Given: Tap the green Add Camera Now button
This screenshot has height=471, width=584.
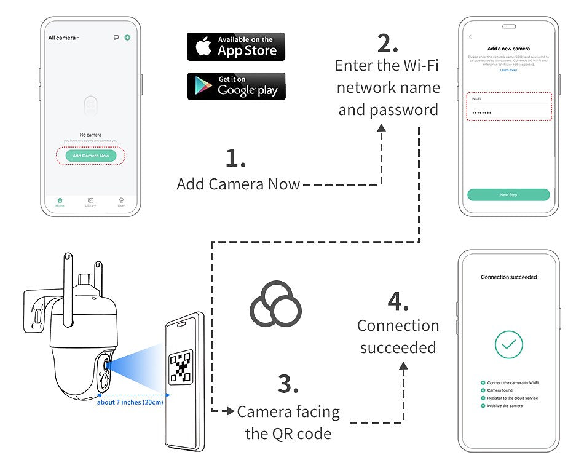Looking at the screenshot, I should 90,156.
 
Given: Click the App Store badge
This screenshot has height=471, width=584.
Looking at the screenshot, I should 236,47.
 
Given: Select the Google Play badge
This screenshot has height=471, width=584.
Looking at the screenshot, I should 236,86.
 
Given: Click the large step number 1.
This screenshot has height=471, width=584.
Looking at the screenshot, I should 235,159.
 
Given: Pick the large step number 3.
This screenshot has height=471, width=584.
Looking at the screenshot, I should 288,384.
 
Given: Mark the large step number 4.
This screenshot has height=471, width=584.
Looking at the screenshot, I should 398,301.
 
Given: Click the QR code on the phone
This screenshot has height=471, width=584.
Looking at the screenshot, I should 181,368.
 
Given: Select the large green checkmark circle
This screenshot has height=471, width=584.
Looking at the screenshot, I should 508,345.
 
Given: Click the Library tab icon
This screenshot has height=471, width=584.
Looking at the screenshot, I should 90,200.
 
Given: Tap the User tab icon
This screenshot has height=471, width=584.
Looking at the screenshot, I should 121,200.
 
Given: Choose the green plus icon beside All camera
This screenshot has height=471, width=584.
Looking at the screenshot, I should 127,38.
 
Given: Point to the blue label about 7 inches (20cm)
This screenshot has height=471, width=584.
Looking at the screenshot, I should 130,402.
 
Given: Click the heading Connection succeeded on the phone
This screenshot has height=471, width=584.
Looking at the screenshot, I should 508,277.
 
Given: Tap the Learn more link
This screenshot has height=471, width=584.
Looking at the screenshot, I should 508,70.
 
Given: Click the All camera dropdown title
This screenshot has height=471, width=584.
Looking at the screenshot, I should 63,38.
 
